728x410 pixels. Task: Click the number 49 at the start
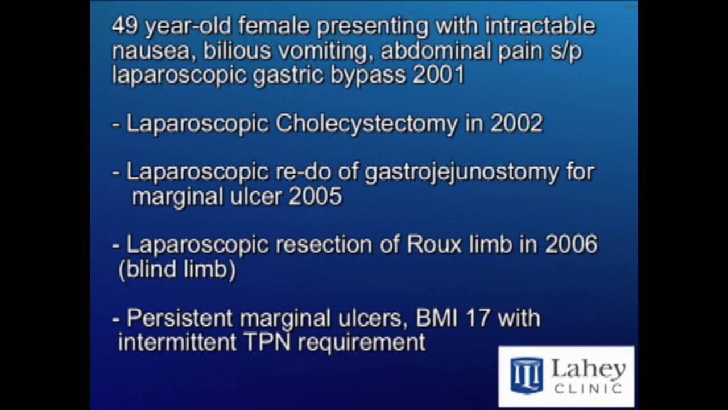coord(123,26)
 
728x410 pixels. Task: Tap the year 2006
coord(571,245)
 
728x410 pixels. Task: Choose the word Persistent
coord(179,318)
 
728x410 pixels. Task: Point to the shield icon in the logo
coord(526,375)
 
